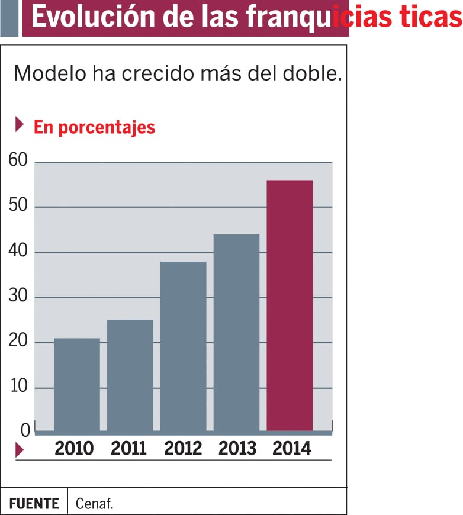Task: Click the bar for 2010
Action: pyautogui.click(x=77, y=384)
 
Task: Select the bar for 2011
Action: pyautogui.click(x=130, y=375)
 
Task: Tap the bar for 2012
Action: pyautogui.click(x=184, y=346)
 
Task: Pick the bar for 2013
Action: pyautogui.click(x=237, y=333)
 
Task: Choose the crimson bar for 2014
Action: pyautogui.click(x=290, y=305)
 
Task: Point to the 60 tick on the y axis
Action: pyautogui.click(x=18, y=161)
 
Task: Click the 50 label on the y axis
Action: pyautogui.click(x=18, y=207)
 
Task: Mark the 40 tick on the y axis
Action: pyautogui.click(x=18, y=252)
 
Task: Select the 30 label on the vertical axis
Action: pyautogui.click(x=18, y=297)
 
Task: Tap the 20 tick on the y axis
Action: pyautogui.click(x=18, y=342)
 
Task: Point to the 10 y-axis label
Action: pyautogui.click(x=18, y=387)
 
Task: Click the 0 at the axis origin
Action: pyautogui.click(x=25, y=431)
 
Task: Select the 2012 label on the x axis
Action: pyautogui.click(x=184, y=449)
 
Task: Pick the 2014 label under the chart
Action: pyautogui.click(x=292, y=449)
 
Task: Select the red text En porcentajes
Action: pyautogui.click(x=94, y=127)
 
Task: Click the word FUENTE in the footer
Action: pyautogui.click(x=34, y=504)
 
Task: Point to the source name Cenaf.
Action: pyautogui.click(x=95, y=504)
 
